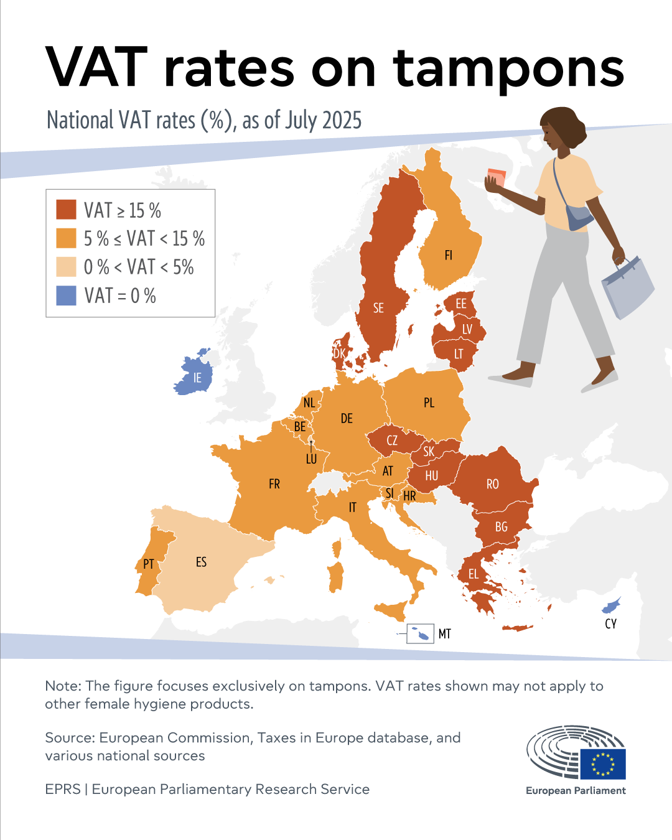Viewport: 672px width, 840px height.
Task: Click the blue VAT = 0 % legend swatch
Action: click(x=66, y=296)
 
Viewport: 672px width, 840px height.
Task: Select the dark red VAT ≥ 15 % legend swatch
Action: click(x=66, y=210)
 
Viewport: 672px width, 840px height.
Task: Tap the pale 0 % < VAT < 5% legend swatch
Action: click(x=66, y=267)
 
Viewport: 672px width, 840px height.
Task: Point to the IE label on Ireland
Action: click(x=197, y=378)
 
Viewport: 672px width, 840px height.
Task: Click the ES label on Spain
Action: click(x=201, y=562)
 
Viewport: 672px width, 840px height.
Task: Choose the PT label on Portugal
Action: click(x=148, y=564)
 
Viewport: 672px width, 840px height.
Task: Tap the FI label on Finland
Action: click(x=448, y=255)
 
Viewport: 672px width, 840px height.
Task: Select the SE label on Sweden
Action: click(x=378, y=308)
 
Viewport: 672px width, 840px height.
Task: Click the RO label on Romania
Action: click(x=492, y=484)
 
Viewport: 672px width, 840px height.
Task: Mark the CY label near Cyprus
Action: click(x=610, y=623)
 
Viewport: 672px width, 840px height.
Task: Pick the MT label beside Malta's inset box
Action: click(x=444, y=634)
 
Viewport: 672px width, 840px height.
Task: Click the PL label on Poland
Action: click(x=429, y=403)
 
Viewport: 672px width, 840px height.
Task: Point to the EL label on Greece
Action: click(x=474, y=574)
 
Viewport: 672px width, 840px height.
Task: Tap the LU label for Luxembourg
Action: click(x=311, y=459)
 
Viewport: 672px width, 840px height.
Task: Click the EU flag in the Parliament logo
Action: click(x=603, y=763)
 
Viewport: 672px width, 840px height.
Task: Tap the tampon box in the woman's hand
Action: click(x=497, y=177)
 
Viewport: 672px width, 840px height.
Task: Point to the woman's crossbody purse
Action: click(x=579, y=217)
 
